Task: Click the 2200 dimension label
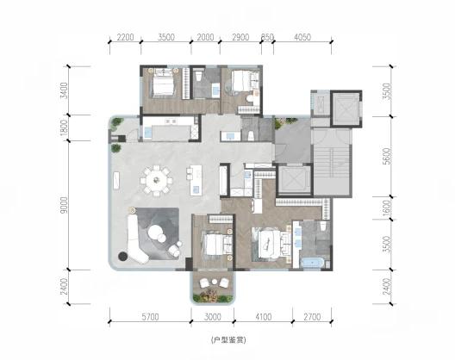coord(125,37)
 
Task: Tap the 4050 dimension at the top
coord(302,37)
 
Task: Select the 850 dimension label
coord(267,37)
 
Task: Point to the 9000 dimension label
coord(64,205)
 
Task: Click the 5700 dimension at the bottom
coord(150,317)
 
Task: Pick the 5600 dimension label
coord(386,157)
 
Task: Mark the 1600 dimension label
coord(386,208)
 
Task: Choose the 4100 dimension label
coord(264,317)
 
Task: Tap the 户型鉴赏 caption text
coord(228,340)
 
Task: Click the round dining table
coord(156,180)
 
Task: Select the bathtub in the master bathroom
coord(312,264)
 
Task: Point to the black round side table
coord(123,256)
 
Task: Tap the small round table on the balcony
coord(215,282)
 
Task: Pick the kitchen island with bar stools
coord(194,181)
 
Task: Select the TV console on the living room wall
coord(116,181)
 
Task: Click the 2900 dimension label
coord(240,37)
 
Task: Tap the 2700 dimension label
coord(312,317)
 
